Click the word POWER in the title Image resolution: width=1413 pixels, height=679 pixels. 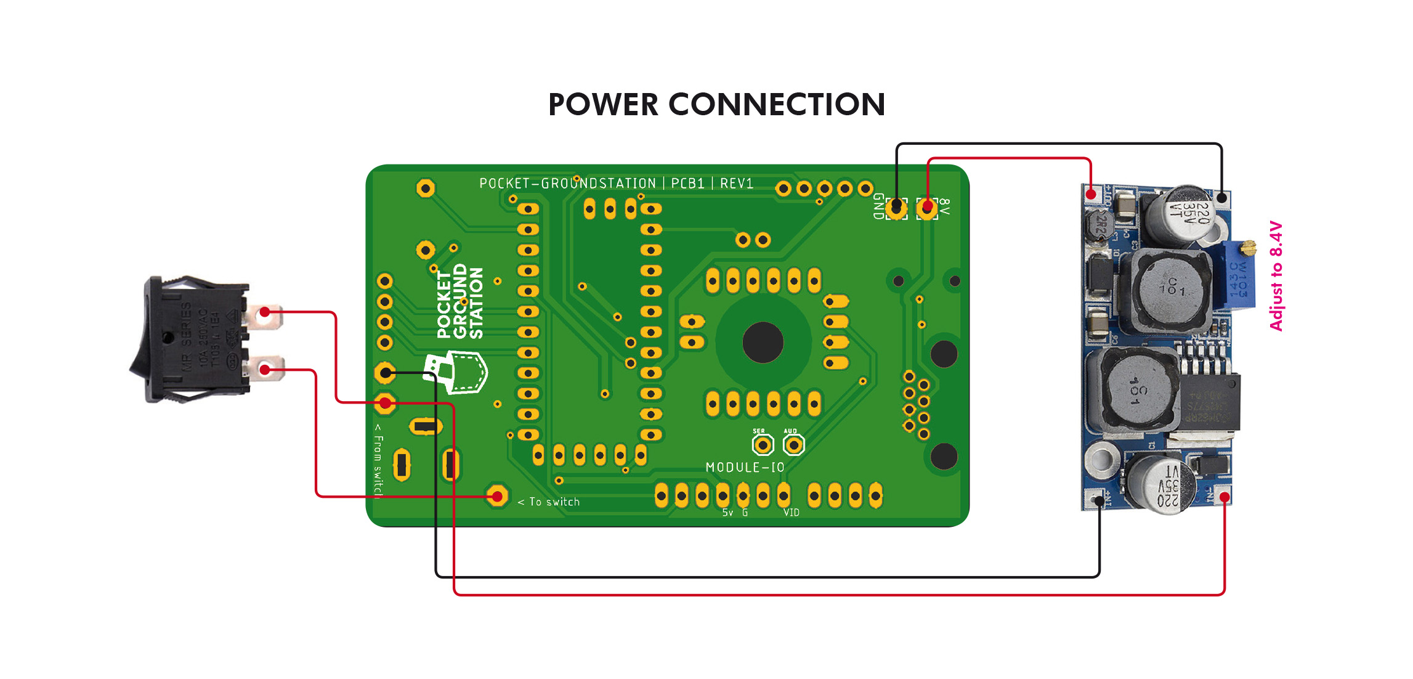pyautogui.click(x=603, y=105)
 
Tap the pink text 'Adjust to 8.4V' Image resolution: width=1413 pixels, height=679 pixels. pyautogui.click(x=1276, y=275)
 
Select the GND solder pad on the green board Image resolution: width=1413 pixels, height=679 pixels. pyautogui.click(x=896, y=207)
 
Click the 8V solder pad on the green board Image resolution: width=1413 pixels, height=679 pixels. pyautogui.click(x=927, y=207)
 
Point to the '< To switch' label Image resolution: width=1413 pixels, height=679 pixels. pyautogui.click(x=548, y=502)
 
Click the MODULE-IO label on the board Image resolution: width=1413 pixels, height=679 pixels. pyautogui.click(x=745, y=468)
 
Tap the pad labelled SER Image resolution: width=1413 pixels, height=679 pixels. pyautogui.click(x=763, y=444)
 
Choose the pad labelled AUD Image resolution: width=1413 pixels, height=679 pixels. pyautogui.click(x=793, y=444)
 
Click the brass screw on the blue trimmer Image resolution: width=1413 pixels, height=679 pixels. pyautogui.click(x=1249, y=248)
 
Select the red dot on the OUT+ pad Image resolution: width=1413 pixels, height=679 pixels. pyautogui.click(x=1091, y=195)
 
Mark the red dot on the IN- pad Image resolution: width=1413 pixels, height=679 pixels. pyautogui.click(x=1225, y=497)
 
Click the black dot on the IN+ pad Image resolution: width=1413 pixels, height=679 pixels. pyautogui.click(x=1099, y=500)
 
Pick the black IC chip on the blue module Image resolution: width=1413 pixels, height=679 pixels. pyautogui.click(x=1208, y=400)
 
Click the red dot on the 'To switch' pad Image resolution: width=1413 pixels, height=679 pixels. pyautogui.click(x=497, y=496)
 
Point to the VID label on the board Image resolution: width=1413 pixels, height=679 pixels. pyautogui.click(x=791, y=513)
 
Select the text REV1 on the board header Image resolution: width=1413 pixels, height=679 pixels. pyautogui.click(x=737, y=184)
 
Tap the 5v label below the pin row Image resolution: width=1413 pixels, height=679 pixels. pyautogui.click(x=727, y=513)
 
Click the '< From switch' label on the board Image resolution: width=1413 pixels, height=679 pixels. pyautogui.click(x=378, y=459)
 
